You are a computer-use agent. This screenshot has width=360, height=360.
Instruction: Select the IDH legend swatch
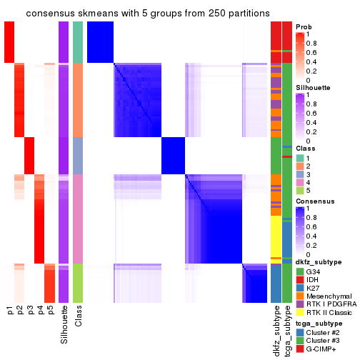pos(300,281)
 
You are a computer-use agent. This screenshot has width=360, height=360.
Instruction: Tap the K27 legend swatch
pos(300,291)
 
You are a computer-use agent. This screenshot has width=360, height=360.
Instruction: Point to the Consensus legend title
pos(314,201)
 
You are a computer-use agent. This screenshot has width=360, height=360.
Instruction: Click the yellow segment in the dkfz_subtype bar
pos(276,236)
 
